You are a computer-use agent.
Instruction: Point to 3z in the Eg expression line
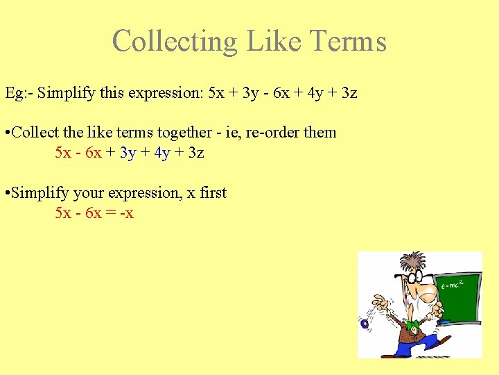tap(348, 92)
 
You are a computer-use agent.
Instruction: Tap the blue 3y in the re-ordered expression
tap(128, 152)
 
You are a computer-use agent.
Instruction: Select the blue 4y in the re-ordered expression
tap(162, 152)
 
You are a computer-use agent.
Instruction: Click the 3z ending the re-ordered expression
tap(196, 152)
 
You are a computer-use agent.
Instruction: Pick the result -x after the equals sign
tap(126, 213)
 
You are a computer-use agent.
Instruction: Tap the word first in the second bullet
tap(213, 193)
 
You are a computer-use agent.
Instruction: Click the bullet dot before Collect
tap(7, 133)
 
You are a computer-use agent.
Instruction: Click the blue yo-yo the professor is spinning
tap(365, 324)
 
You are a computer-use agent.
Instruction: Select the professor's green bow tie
tap(412, 324)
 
